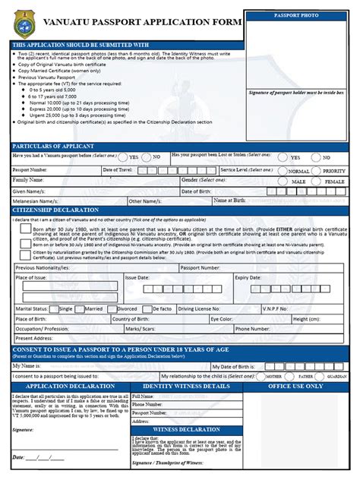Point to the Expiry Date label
pos(248,279)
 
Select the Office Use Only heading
pos(295,386)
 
